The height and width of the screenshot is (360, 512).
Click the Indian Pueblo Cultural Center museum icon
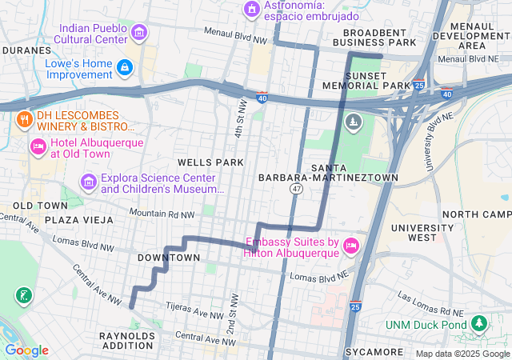point(140,32)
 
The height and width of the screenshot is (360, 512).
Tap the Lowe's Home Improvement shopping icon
point(123,68)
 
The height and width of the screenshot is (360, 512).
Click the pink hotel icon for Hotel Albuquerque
point(37,147)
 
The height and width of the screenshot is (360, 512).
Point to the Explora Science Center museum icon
point(88,183)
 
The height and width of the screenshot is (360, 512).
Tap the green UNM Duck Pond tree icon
point(479,324)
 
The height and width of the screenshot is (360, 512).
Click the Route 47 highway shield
point(296,189)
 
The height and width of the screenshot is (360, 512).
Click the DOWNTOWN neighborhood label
point(169,258)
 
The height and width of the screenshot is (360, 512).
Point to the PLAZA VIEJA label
point(77,219)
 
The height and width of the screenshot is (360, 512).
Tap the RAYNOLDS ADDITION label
point(128,342)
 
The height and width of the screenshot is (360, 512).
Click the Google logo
point(26,350)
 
